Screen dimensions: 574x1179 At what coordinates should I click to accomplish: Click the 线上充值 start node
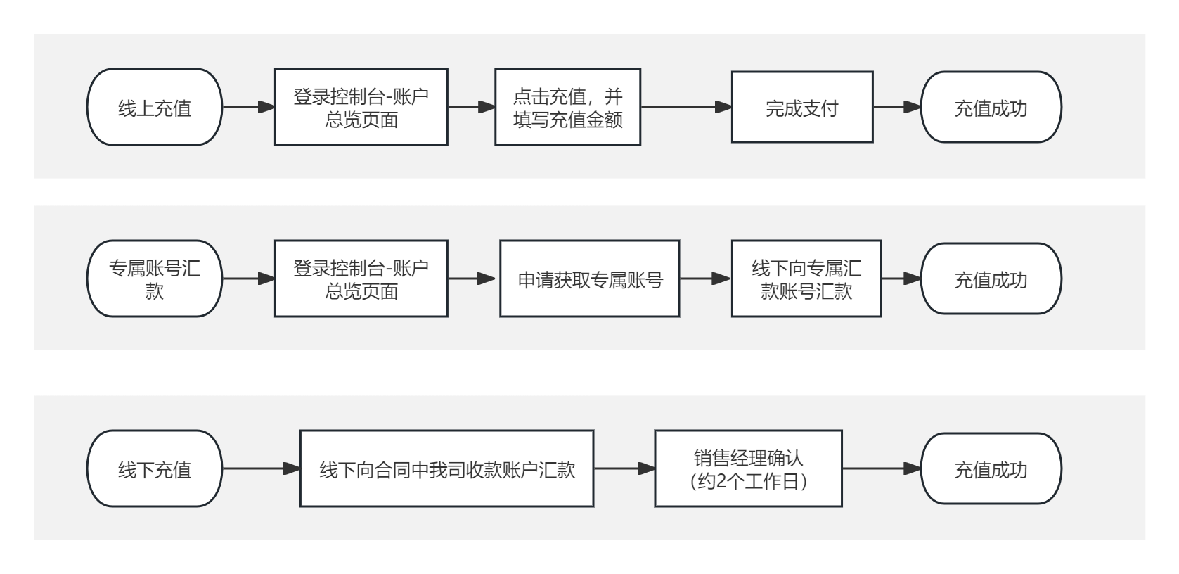154,108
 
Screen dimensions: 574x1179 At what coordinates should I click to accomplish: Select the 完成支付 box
801,108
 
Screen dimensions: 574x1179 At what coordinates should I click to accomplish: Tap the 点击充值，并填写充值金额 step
567,108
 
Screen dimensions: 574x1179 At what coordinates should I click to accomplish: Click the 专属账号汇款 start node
154,279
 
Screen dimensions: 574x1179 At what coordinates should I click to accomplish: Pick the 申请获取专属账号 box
589,279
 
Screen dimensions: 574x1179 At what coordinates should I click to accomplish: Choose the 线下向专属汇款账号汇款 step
806,279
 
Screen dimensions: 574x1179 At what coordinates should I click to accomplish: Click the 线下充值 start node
154,469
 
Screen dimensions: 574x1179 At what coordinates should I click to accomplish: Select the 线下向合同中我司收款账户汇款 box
446,469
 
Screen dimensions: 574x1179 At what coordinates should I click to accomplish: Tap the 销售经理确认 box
748,469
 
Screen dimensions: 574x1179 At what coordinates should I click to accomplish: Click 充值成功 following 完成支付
991,108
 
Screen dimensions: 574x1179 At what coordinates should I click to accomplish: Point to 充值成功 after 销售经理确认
991,469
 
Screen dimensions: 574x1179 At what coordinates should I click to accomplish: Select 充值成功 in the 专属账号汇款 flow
991,279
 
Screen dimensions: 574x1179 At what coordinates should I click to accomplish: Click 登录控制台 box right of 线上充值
361,108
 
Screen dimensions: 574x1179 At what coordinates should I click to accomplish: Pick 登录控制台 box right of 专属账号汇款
361,279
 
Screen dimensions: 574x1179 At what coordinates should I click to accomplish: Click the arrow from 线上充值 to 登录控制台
248,108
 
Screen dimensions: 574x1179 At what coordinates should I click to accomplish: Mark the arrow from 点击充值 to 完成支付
686,108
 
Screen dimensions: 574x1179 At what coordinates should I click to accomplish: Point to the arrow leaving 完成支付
897,108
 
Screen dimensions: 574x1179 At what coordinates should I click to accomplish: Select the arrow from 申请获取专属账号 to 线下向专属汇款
705,279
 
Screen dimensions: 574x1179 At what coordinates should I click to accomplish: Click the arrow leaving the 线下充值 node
261,469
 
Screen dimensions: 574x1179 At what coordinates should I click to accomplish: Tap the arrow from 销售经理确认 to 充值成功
882,469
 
